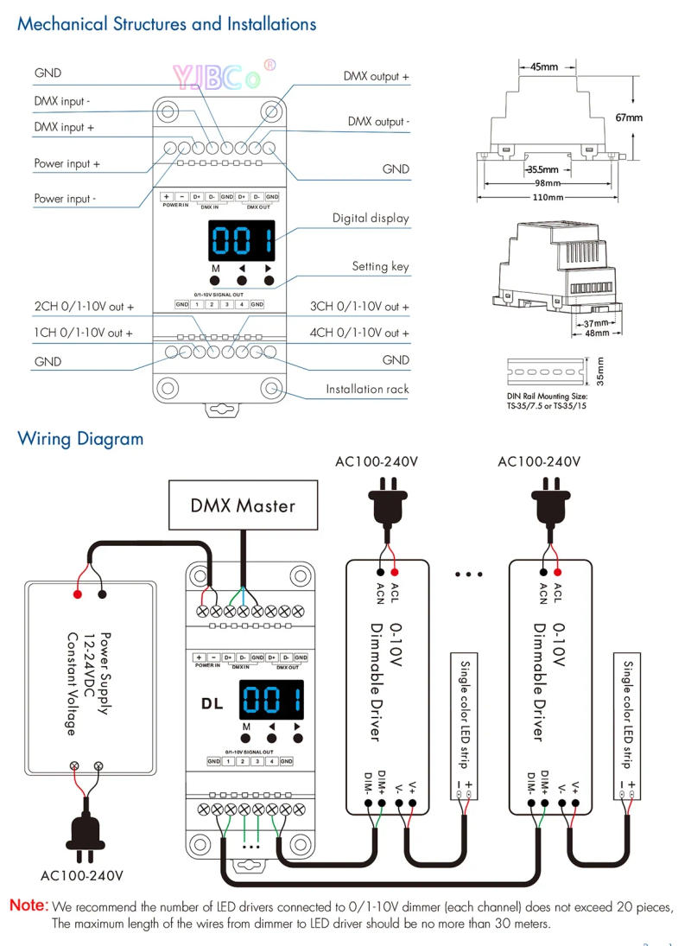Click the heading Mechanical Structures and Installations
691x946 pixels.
point(167,23)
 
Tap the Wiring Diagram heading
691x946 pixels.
point(80,439)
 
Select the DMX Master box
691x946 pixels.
point(243,505)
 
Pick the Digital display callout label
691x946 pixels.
point(371,219)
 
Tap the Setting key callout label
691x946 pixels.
point(380,266)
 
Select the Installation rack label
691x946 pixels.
point(367,389)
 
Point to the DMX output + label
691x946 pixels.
point(376,77)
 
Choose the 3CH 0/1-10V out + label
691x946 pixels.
point(359,307)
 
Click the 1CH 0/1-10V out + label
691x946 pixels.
point(84,333)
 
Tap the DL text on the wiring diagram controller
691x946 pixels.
point(212,702)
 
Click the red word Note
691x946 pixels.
point(29,906)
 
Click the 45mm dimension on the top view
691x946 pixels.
point(543,67)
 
